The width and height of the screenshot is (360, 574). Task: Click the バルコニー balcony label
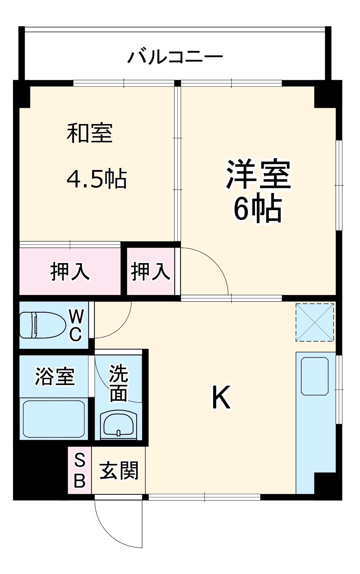175,57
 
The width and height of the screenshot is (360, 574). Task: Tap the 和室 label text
90,133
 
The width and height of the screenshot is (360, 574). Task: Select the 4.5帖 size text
97,179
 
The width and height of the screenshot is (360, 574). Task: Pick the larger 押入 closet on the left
70,271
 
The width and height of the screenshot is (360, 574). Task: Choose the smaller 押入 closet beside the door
150,271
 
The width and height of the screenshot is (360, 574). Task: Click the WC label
76,325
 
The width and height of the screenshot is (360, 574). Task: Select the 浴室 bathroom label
55,376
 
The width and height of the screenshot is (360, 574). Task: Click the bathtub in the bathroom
54,419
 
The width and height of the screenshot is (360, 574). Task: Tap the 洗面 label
119,383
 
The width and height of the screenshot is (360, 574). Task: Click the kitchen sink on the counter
315,376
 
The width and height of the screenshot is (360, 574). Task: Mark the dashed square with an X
315,322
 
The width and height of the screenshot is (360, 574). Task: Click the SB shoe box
80,470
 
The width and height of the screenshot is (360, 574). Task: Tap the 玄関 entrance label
119,471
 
